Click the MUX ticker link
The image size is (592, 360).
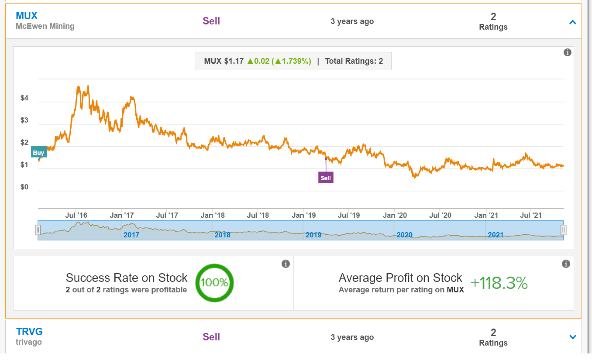27,16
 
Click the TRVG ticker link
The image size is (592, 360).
29,332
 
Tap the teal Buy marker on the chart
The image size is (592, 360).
38,153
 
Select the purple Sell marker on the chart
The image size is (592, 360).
326,178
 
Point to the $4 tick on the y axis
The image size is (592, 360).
24,99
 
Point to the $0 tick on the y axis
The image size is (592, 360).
24,188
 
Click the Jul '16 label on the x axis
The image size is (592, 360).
76,215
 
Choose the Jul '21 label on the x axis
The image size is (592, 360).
531,215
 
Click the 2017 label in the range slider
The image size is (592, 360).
131,235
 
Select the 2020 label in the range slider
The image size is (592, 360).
404,235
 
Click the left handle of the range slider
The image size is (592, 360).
38,230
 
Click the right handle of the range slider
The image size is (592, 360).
564,230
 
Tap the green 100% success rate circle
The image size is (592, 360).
214,283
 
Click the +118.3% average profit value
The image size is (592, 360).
499,284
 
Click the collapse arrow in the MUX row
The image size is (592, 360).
573,22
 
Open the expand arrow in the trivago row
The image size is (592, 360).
573,337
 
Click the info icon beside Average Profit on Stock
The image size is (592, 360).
566,264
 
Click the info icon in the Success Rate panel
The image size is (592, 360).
286,264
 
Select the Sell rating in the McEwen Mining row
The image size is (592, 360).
211,21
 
